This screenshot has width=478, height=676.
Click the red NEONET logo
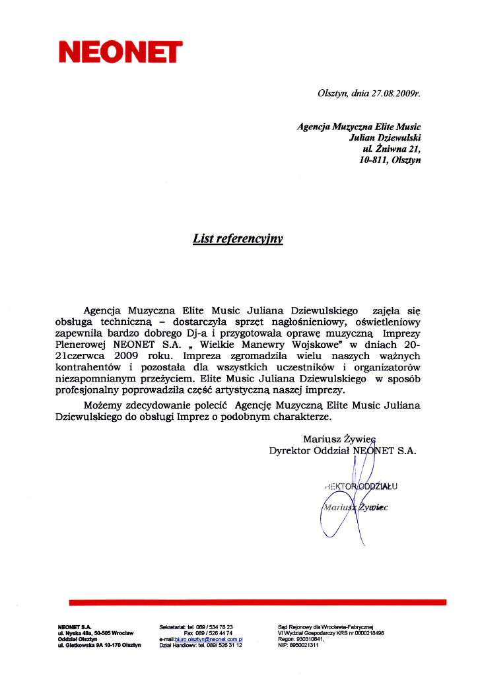pyautogui.click(x=120, y=51)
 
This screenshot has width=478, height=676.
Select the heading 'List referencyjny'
pyautogui.click(x=238, y=238)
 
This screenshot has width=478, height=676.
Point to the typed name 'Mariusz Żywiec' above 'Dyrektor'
pyautogui.click(x=339, y=439)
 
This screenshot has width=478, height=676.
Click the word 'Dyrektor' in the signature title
pyautogui.click(x=291, y=451)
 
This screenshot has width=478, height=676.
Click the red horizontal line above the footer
pyautogui.click(x=257, y=602)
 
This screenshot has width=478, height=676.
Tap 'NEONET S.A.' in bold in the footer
pyautogui.click(x=74, y=626)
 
